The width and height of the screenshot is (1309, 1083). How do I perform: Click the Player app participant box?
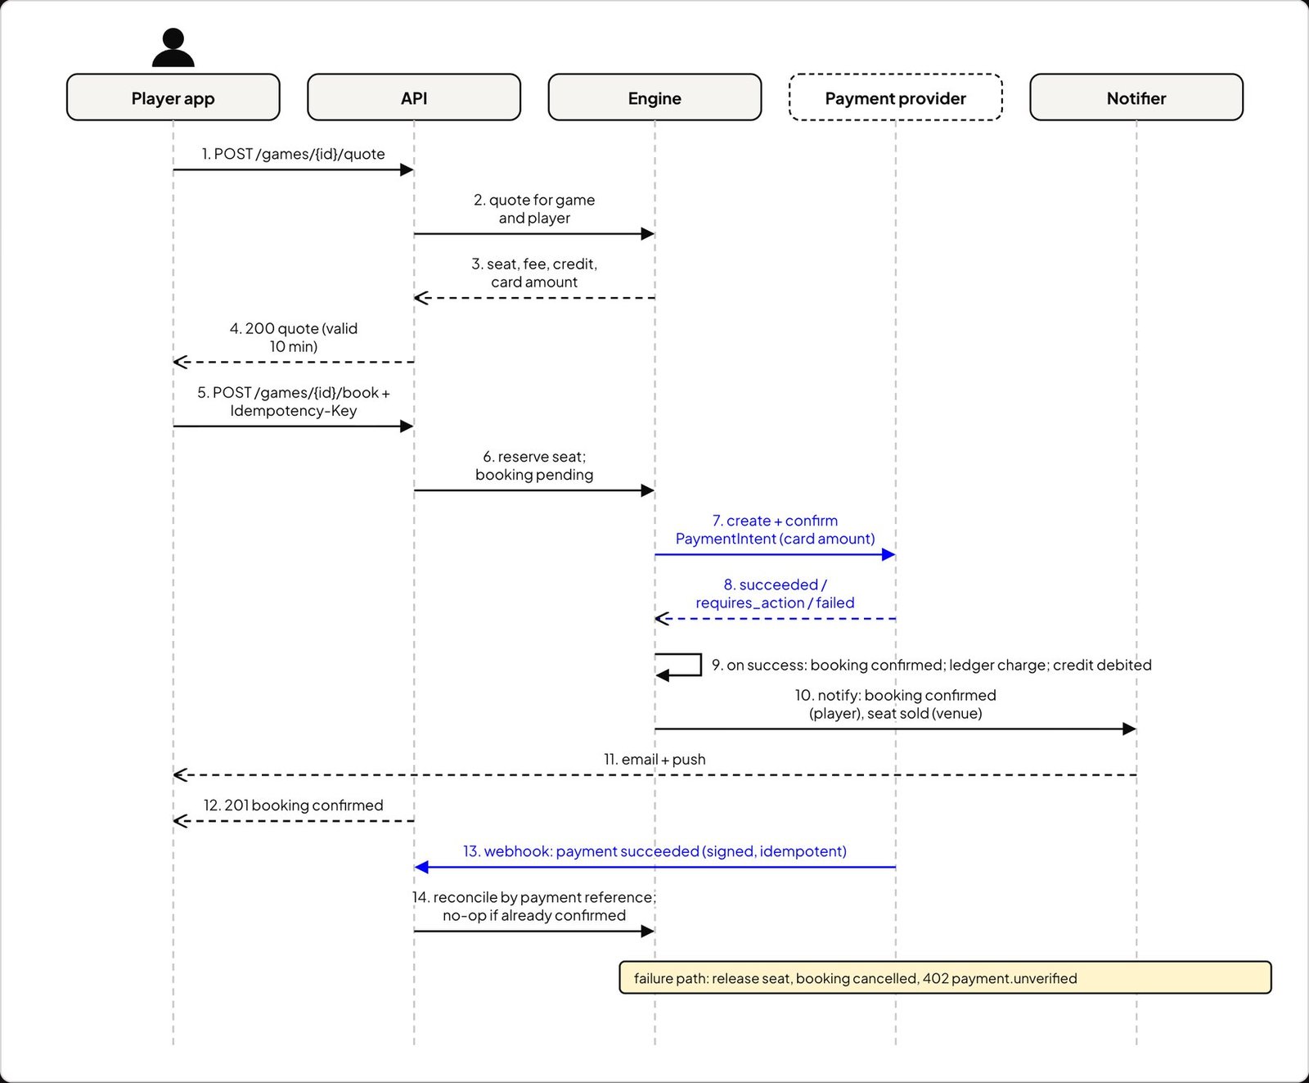(173, 97)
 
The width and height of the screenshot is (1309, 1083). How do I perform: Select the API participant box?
(414, 97)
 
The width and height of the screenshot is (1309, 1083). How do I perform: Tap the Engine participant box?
(654, 97)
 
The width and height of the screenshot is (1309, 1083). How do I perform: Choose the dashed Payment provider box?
(896, 97)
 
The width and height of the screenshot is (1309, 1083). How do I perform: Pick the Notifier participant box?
(1136, 97)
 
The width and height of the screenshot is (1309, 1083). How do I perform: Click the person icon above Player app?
(173, 47)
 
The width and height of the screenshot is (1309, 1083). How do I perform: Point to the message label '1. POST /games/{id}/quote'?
(293, 154)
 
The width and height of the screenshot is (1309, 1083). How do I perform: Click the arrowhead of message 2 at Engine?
(648, 234)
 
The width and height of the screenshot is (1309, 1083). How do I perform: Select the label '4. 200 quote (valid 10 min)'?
(294, 337)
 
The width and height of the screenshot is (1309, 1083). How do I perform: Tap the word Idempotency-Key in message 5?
(294, 411)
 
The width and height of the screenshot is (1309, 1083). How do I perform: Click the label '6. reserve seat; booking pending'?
(534, 466)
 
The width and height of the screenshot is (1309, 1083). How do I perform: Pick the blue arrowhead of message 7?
(888, 555)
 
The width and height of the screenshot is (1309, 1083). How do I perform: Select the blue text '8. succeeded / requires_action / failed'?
(775, 593)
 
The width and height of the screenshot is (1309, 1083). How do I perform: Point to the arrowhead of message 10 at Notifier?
(1129, 729)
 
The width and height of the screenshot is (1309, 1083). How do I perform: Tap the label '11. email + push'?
(654, 759)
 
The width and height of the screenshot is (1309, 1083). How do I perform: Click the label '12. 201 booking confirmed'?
(293, 805)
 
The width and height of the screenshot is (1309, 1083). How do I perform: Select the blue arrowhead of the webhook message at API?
(421, 867)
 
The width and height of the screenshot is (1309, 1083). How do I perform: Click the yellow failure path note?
(945, 977)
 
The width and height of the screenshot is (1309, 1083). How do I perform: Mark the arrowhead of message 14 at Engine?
(648, 931)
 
